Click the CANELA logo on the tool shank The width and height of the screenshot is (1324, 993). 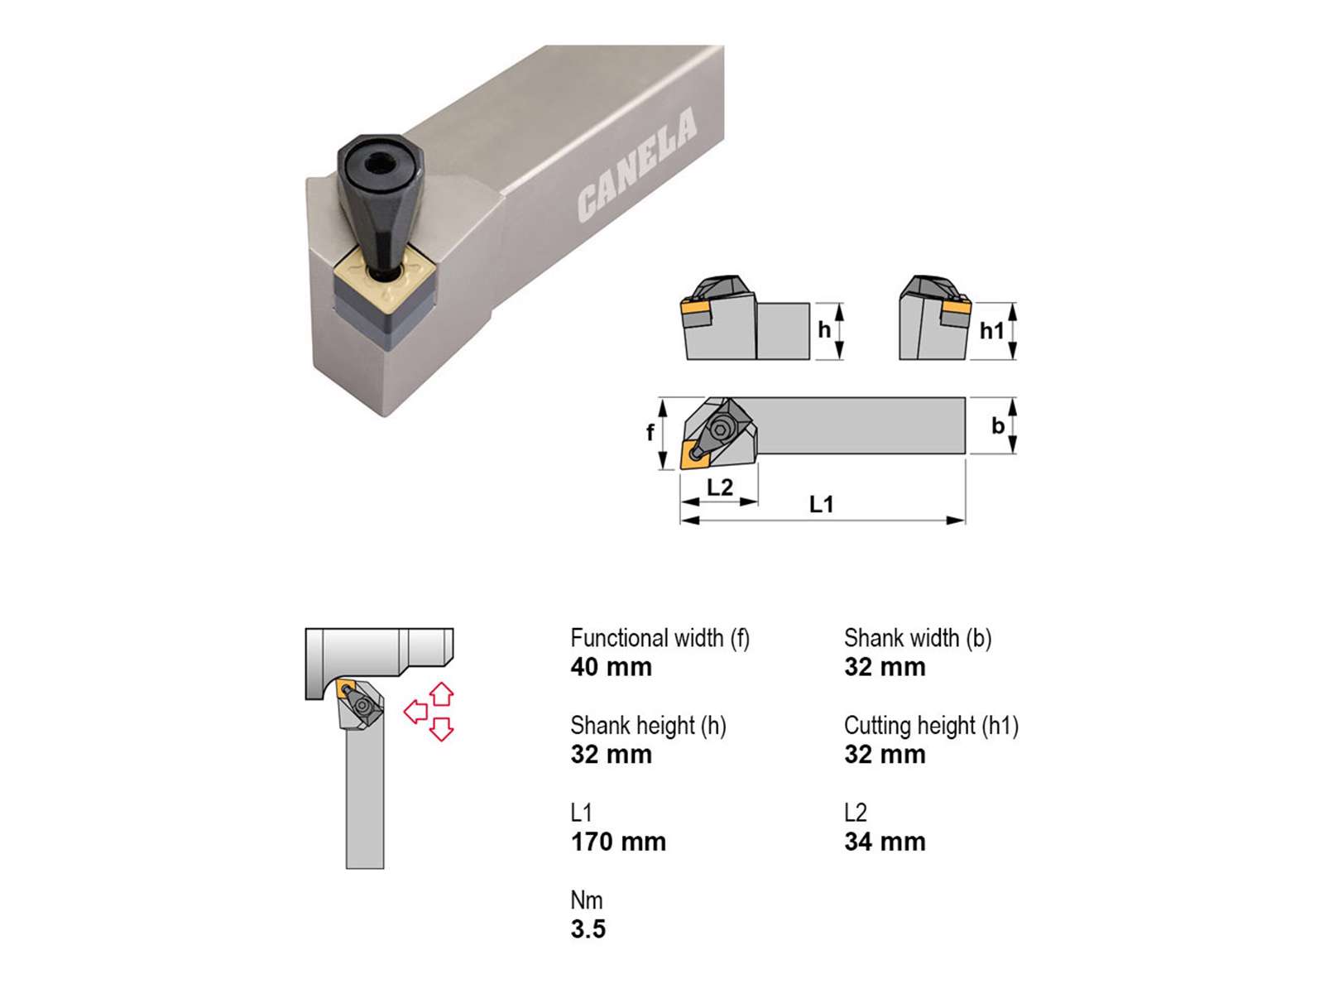pos(637,164)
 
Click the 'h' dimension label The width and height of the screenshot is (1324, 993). pos(824,330)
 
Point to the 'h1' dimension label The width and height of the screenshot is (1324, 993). pos(991,330)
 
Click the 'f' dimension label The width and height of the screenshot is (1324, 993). pos(650,432)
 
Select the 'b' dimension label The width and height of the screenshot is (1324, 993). pos(998,425)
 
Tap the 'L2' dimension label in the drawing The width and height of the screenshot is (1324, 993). pos(720,487)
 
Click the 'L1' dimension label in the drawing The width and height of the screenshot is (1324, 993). pos(822,504)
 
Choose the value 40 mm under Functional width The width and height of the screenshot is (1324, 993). pos(611,668)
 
